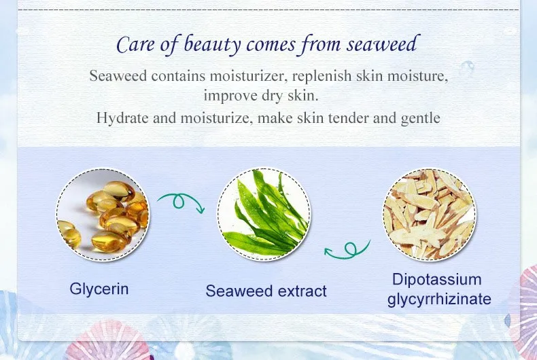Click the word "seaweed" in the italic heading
coord(383,43)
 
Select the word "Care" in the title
coord(136,44)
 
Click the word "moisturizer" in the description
coord(248,75)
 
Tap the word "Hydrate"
coord(122,118)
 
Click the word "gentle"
coord(421,119)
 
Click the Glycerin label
coord(99,289)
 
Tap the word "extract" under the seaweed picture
coord(302,291)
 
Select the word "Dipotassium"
coord(437,280)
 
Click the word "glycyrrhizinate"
coord(439,299)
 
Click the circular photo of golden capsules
coord(103,215)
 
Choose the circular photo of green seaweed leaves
coord(264,214)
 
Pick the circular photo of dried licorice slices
coord(429,214)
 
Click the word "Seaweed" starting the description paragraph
coord(118,75)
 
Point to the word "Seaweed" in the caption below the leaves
coord(239,291)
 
